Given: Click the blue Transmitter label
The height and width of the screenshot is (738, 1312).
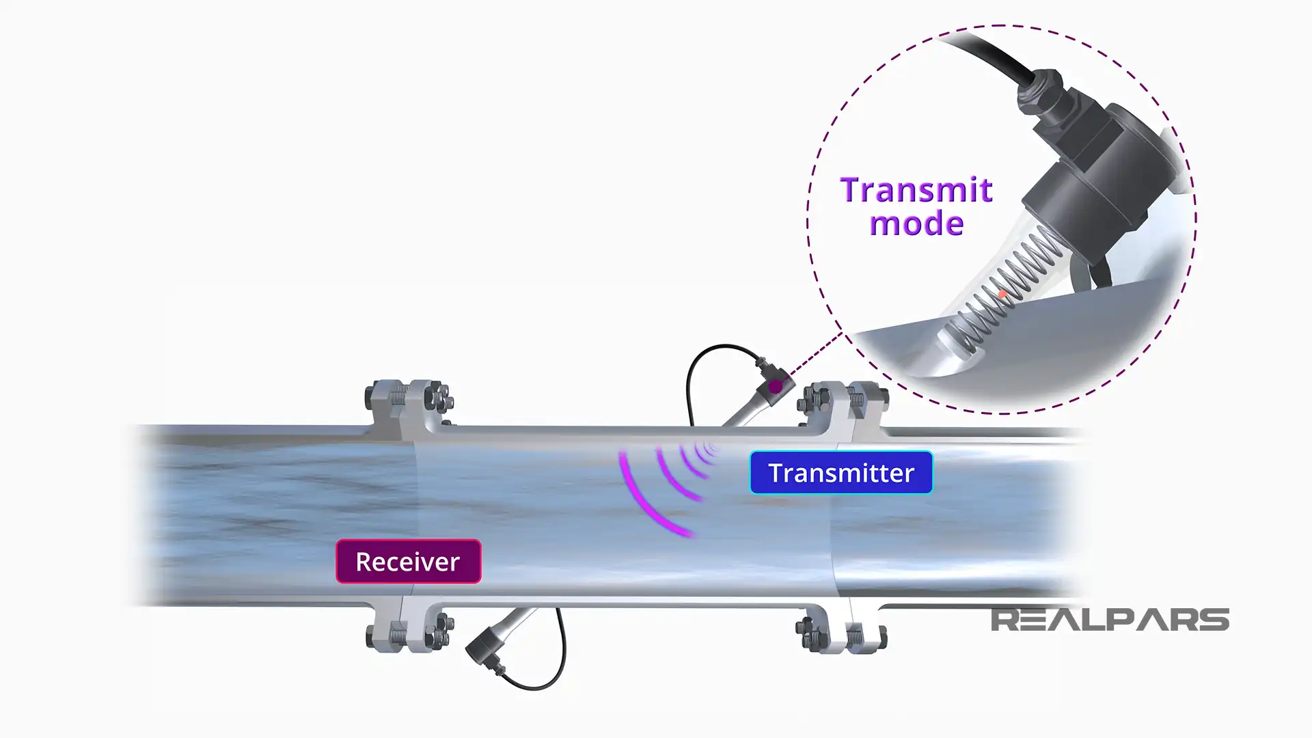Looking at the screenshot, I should (x=840, y=473).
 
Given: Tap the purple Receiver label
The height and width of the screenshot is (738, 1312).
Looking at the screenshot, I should (x=408, y=562).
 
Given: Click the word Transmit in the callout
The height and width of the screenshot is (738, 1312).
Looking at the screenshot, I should (x=916, y=190).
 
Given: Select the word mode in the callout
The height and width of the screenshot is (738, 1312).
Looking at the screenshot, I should (x=916, y=224).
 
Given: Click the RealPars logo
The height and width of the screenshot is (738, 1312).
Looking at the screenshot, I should (x=1109, y=620).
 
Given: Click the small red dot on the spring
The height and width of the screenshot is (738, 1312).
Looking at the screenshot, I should (x=1002, y=295).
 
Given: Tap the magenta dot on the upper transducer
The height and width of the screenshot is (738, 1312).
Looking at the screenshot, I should (x=775, y=387).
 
